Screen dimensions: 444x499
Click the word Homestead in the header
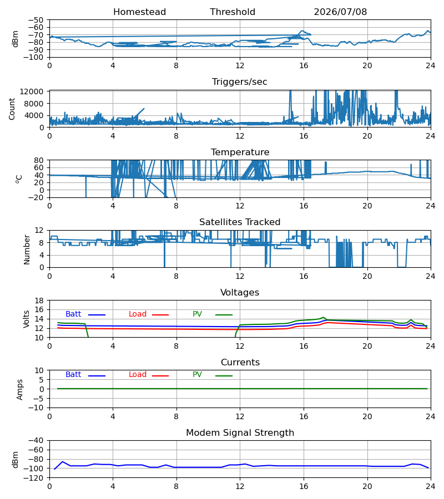139,12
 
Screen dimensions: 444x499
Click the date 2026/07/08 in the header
340,12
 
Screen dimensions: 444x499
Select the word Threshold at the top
233,12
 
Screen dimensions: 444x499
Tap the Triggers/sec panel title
240,82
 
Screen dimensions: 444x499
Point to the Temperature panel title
240,152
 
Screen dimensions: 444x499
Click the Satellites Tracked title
240,222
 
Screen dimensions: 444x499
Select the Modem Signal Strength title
240,433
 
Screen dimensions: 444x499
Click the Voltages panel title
240,292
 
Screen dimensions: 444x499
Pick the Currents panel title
240,363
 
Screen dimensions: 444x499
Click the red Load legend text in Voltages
138,314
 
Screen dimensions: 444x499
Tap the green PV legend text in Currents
197,375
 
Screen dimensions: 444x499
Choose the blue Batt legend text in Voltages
73,314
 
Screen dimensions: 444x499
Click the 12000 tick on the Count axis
32,91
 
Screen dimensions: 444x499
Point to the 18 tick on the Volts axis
39,301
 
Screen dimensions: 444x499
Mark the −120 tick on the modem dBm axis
36,478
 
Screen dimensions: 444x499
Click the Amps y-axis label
20,389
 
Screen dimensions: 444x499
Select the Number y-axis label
27,249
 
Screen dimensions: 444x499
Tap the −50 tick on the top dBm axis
36,20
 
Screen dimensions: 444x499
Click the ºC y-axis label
19,179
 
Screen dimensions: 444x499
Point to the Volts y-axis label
27,319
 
